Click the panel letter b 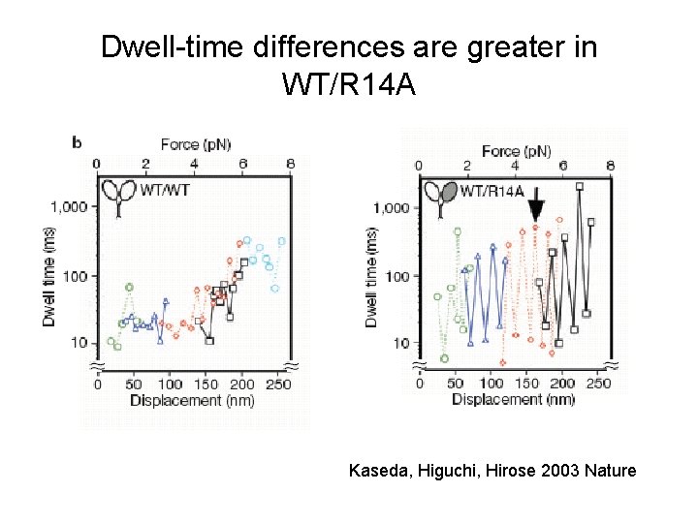[x=77, y=142]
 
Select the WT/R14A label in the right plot [x=492, y=190]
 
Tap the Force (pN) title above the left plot [x=193, y=144]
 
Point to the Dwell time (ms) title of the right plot [x=371, y=277]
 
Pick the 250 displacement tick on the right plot [x=598, y=384]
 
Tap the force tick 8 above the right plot [x=609, y=166]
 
